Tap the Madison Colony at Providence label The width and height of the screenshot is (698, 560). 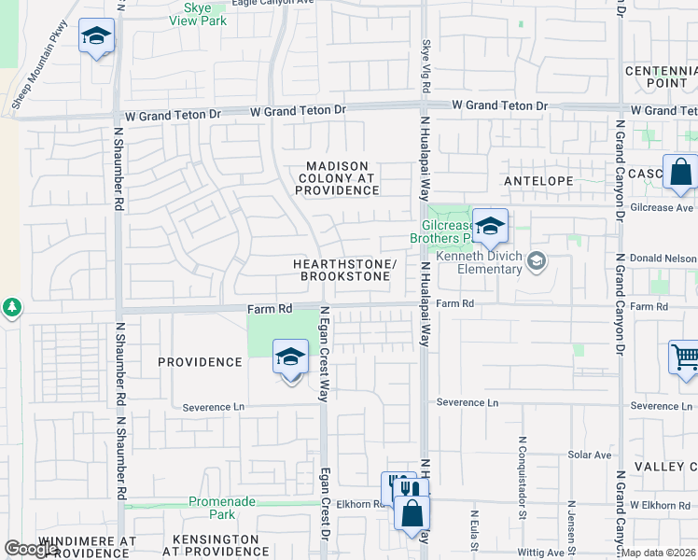339,178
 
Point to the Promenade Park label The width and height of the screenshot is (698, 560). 222,508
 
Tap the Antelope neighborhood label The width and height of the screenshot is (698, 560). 537,180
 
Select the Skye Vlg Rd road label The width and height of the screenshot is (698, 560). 426,64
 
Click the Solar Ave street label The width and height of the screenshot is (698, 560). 589,455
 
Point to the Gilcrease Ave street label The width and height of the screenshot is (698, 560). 662,208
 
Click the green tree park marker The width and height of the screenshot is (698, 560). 11,306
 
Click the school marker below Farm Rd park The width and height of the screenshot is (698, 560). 290,357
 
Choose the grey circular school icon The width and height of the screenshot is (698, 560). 536,262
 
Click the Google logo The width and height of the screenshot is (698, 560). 31,549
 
